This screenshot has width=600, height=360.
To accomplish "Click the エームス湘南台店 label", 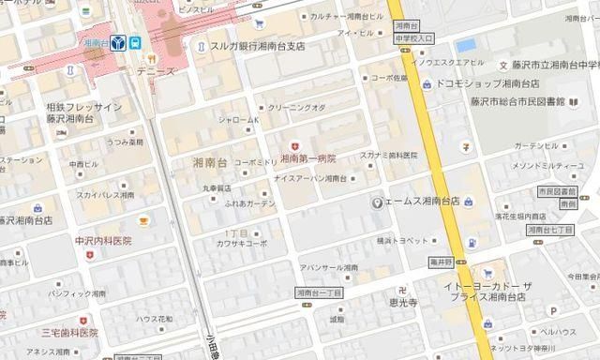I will pyautogui.click(x=421, y=202).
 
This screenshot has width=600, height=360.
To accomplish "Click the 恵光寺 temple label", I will pyautogui.click(x=406, y=305).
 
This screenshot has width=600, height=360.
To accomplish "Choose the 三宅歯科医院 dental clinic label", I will pyautogui.click(x=69, y=332).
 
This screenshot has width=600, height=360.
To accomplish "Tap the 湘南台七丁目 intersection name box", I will pyautogui.click(x=549, y=230).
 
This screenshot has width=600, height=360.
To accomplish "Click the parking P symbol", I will pyautogui.click(x=553, y=310).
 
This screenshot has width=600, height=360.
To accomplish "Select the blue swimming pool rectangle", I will pyautogui.click(x=466, y=45).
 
